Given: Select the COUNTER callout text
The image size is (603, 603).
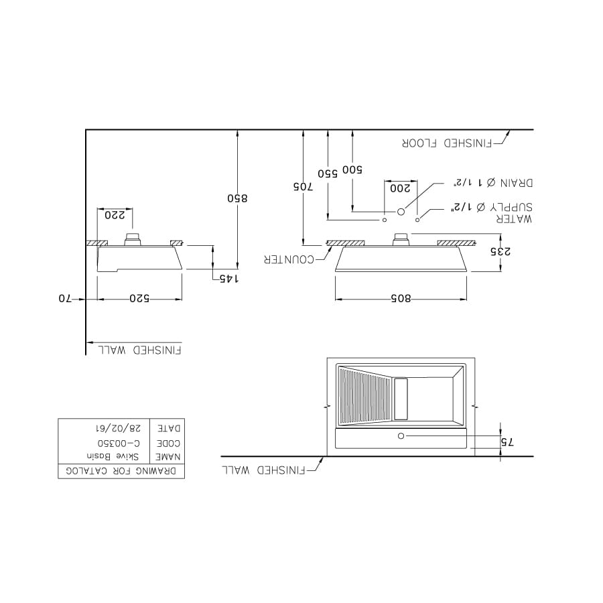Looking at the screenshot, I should click(289, 259).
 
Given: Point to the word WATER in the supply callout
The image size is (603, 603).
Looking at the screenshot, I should click(517, 219).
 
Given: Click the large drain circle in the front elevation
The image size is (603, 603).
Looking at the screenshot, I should click(401, 212).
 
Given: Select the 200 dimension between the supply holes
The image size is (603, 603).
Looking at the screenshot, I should click(401, 188).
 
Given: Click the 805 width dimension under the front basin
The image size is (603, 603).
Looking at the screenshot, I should click(401, 298).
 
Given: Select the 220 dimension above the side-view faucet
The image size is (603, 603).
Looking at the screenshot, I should click(115, 215).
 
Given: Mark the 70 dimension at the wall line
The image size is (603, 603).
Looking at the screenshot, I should click(64, 298).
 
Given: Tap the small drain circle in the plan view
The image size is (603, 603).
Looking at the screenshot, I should click(401, 436).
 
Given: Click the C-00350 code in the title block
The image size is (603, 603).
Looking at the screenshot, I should click(119, 443).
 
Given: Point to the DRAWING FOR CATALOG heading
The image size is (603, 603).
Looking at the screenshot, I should click(121, 471).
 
